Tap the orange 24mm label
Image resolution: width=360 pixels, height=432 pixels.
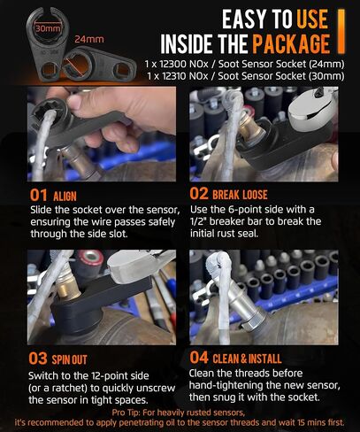(x=89, y=39)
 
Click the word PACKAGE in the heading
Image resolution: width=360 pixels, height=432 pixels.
(x=291, y=44)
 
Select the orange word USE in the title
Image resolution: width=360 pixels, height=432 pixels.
(x=312, y=19)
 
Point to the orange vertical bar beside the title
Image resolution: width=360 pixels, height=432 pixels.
(x=341, y=31)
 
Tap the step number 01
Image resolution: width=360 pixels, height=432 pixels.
(x=39, y=195)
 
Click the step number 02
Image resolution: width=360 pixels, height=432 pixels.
(x=199, y=194)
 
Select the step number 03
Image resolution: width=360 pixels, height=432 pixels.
(x=38, y=359)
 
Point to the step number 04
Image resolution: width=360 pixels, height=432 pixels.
(x=199, y=358)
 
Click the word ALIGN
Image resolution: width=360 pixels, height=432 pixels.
(x=65, y=197)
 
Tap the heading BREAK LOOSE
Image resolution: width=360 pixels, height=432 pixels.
(x=240, y=195)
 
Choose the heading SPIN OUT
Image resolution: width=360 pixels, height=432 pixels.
(x=70, y=359)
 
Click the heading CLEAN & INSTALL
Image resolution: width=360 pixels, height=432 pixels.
(x=247, y=359)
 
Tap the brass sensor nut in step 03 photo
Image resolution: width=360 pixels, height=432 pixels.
(x=68, y=289)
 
